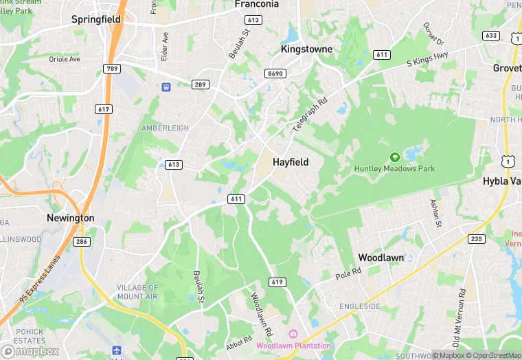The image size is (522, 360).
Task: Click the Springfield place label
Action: [x=96, y=20]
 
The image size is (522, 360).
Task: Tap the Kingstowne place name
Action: [x=306, y=49]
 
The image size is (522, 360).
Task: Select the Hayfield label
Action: [x=291, y=162]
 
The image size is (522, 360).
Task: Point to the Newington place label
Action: [x=70, y=218]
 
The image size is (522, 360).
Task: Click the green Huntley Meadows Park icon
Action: [x=394, y=157]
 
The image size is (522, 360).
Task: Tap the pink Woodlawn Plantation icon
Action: [x=293, y=334]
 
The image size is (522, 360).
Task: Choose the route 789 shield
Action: [x=112, y=68]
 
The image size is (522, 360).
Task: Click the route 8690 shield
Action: [x=275, y=74]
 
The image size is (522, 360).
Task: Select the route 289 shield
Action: [x=200, y=85]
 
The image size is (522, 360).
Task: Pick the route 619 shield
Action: [x=277, y=282]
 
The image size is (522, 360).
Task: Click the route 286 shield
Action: [x=82, y=241]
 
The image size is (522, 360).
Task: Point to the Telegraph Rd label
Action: [x=310, y=114]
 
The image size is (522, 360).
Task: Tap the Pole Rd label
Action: [x=348, y=274]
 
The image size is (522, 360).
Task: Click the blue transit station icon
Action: [x=166, y=87]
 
